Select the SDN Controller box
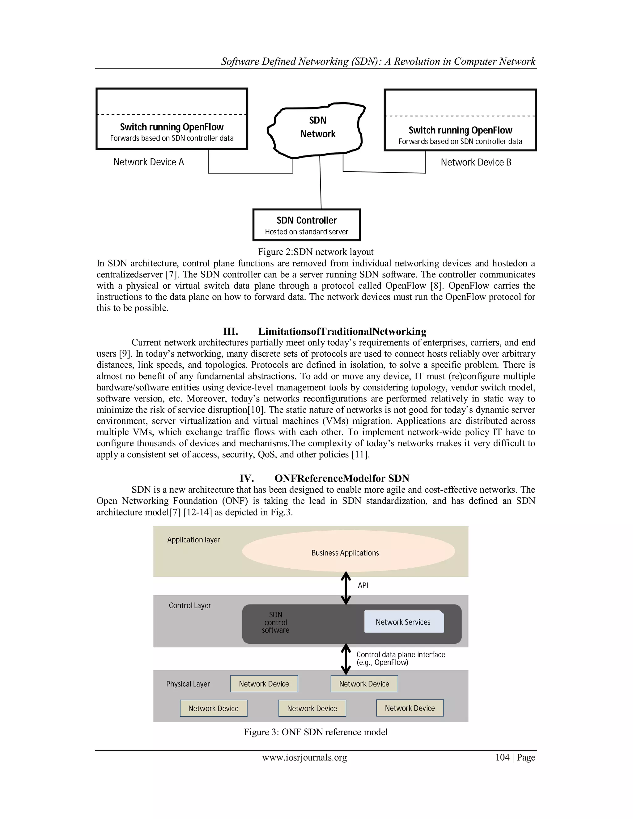point(306,225)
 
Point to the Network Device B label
point(476,162)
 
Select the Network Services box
point(403,622)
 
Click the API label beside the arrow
point(363,585)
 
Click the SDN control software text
point(276,622)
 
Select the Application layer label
point(193,540)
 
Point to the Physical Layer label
point(188,684)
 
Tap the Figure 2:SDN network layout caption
point(316,252)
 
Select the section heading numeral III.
point(231,332)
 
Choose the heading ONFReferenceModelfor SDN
point(342,478)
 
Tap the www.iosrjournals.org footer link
point(304,757)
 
